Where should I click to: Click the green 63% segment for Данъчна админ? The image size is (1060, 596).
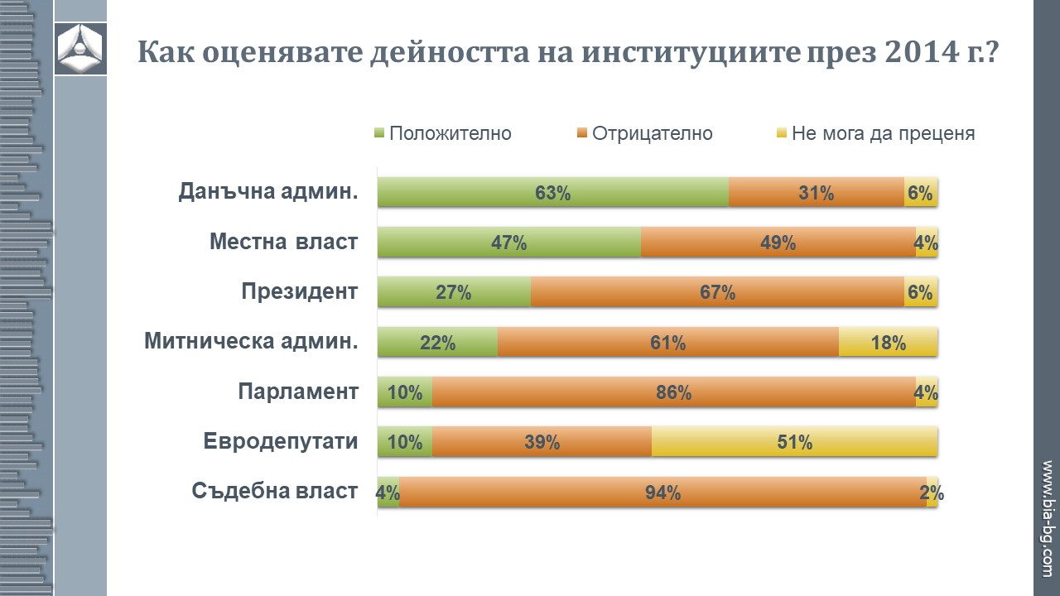coord(553,193)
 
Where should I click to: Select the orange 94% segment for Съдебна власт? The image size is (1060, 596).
coord(662,493)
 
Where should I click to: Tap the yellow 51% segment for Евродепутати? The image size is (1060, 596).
coord(794,442)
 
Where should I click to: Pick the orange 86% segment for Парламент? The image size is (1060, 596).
coord(673,392)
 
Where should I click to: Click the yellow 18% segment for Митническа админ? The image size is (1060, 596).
coord(888,342)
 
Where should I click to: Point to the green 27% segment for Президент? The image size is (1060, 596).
coord(454,292)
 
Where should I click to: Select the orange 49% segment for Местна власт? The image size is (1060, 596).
coord(778,243)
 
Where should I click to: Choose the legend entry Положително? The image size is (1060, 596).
coord(443,133)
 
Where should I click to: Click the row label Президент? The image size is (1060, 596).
coord(300,291)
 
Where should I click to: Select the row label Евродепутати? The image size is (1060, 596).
coord(281,441)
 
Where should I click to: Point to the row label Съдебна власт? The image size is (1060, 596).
coord(275,491)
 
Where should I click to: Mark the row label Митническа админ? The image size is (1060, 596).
coord(251,341)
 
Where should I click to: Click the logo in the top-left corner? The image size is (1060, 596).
coord(80,48)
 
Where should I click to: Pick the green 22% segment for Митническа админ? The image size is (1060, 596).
coord(437,342)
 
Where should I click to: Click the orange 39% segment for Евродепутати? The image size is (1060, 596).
coord(542,442)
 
